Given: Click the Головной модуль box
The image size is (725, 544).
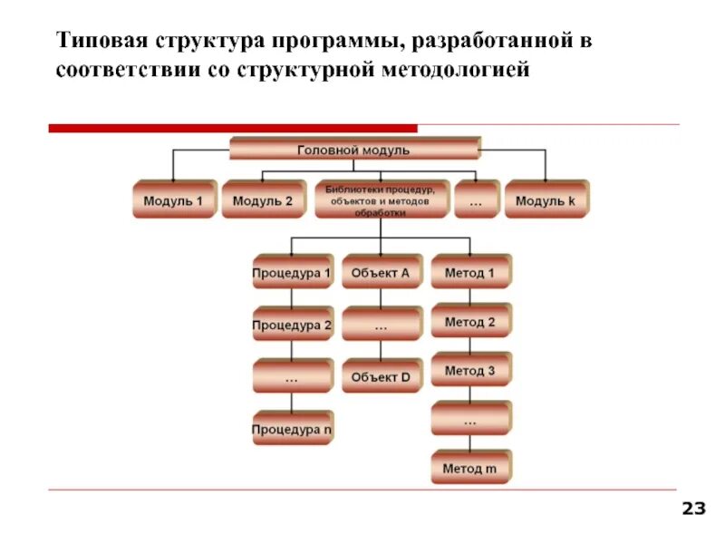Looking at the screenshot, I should (354, 150).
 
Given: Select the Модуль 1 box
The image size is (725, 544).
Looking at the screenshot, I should (174, 200).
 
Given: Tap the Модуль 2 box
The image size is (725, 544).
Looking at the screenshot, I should (263, 200).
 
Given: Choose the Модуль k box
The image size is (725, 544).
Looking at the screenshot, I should (546, 200).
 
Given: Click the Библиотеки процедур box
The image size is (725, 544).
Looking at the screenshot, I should (381, 200).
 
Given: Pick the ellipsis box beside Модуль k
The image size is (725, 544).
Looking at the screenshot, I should (476, 200).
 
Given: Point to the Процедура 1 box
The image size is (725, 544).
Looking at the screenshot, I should (292, 272).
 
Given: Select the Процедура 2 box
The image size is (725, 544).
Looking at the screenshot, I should (292, 324).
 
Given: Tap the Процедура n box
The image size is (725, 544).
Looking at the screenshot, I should (292, 428).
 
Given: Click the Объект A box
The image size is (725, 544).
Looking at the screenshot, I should (381, 272).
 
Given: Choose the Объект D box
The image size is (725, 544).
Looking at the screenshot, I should (381, 376).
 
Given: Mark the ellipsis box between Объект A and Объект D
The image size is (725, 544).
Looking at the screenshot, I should (381, 324).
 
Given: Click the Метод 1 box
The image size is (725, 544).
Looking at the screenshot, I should (470, 272).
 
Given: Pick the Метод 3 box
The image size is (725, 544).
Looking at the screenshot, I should (470, 370).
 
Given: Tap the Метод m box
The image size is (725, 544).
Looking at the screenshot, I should (470, 469).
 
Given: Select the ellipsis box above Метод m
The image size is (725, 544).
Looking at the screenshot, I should (470, 420).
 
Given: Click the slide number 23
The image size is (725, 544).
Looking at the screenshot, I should (693, 509).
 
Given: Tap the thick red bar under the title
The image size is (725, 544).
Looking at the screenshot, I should (232, 129).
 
